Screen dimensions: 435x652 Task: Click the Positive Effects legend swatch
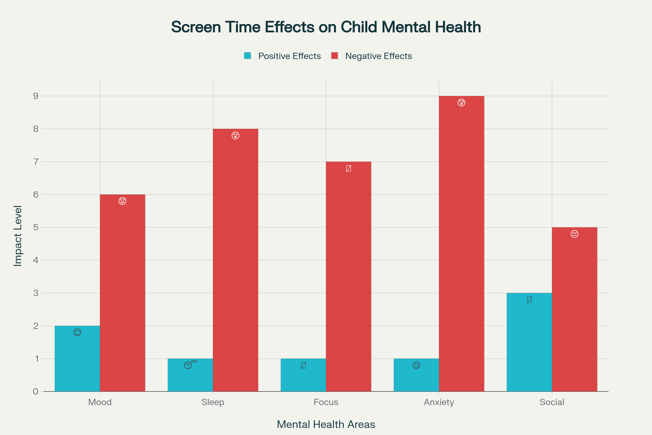pos(247,56)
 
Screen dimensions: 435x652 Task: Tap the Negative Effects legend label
pos(378,56)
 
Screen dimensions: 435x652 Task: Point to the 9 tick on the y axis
pos(36,96)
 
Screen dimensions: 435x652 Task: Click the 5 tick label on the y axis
pos(36,228)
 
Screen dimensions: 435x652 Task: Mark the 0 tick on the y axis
pos(36,391)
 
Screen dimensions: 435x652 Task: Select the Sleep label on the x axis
pos(213,402)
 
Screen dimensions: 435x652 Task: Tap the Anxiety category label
pos(439,402)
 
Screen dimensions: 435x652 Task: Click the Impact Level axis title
pos(18,236)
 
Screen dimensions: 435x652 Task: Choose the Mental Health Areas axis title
pos(326,424)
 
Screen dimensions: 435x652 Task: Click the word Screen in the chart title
pos(196,27)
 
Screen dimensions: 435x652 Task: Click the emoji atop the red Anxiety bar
pos(461,103)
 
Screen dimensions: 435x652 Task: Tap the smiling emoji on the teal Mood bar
pos(77,332)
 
